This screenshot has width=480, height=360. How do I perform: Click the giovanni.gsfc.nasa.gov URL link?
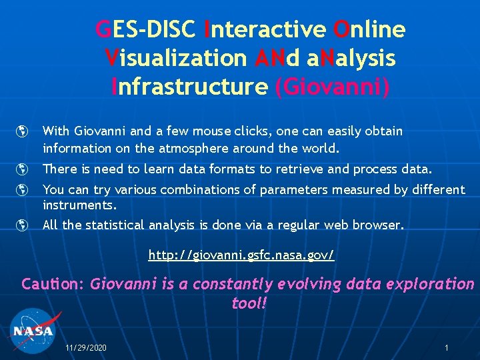(x=241, y=255)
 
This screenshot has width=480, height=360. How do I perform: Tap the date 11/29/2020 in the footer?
(x=86, y=348)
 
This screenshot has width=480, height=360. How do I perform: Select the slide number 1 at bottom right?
(x=447, y=348)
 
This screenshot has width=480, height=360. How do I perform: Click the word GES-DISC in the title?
(x=145, y=29)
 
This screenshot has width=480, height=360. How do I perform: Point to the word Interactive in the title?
(x=266, y=29)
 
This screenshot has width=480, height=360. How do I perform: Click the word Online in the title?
(x=369, y=29)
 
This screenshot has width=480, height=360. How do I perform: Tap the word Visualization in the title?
(x=176, y=58)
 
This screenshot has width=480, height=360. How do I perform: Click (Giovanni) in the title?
(x=333, y=87)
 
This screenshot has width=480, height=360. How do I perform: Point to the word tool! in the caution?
(x=249, y=303)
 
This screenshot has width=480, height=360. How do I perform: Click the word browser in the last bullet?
(x=378, y=225)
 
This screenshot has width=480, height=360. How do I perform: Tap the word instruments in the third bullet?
(x=79, y=205)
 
